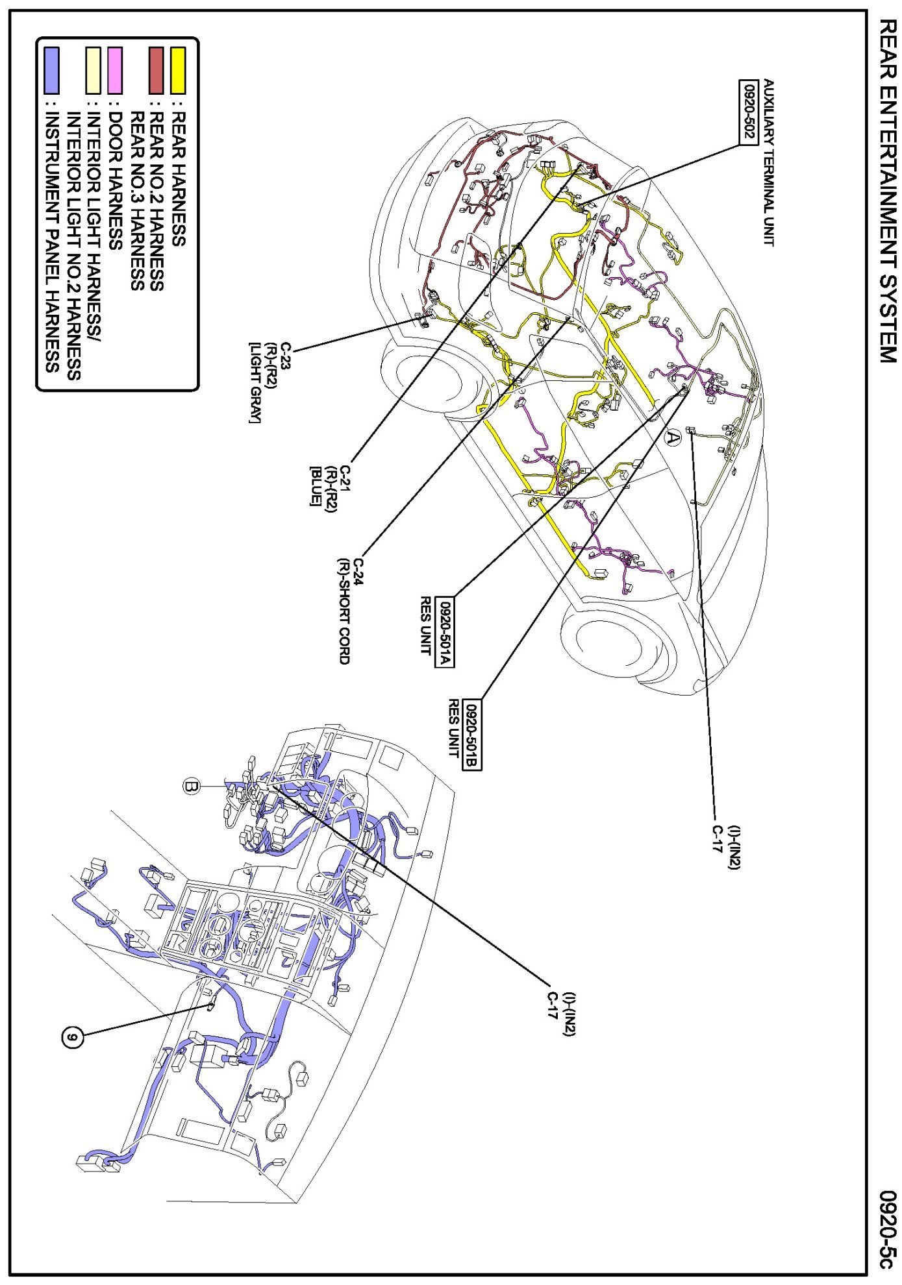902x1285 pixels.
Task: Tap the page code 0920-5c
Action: (x=887, y=1229)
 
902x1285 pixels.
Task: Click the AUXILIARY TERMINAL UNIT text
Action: (x=769, y=162)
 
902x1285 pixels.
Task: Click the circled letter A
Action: (x=673, y=438)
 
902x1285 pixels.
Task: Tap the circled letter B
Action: (x=190, y=787)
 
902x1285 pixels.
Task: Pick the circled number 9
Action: (x=73, y=1038)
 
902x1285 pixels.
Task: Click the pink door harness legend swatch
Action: (x=115, y=70)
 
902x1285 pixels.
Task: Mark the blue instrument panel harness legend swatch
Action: (x=51, y=70)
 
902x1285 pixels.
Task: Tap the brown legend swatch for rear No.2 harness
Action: (x=157, y=70)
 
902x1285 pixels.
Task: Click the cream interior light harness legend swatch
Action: (x=94, y=70)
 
